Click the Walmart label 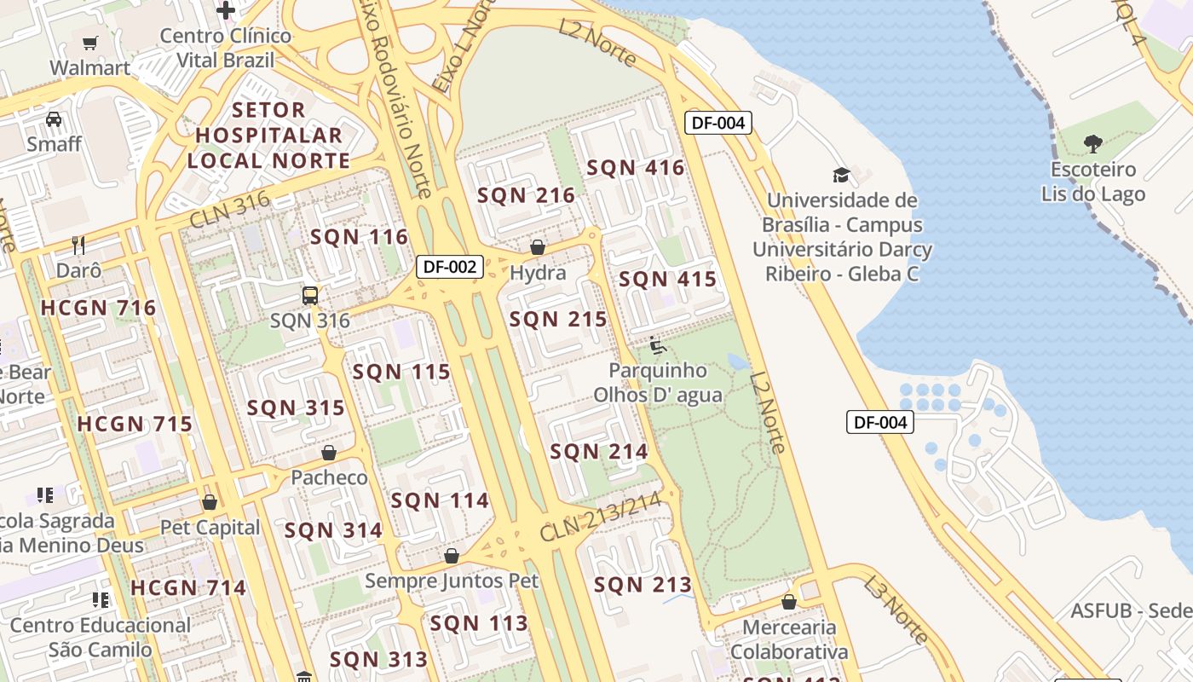[x=89, y=67]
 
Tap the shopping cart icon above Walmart [x=89, y=43]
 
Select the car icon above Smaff [x=54, y=118]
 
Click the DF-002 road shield [x=451, y=267]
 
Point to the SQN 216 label [x=526, y=195]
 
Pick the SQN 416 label [x=636, y=167]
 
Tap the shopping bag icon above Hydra [x=538, y=247]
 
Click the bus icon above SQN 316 [x=310, y=296]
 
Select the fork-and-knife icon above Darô [x=78, y=246]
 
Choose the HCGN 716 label [x=99, y=308]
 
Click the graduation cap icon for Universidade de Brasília [x=841, y=176]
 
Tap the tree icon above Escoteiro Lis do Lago [x=1092, y=143]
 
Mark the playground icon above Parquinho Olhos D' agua [x=658, y=345]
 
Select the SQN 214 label [x=599, y=451]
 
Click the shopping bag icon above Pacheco [x=329, y=452]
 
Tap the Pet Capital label [x=210, y=528]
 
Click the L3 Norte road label [x=896, y=609]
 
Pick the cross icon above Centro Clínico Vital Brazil [x=226, y=10]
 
